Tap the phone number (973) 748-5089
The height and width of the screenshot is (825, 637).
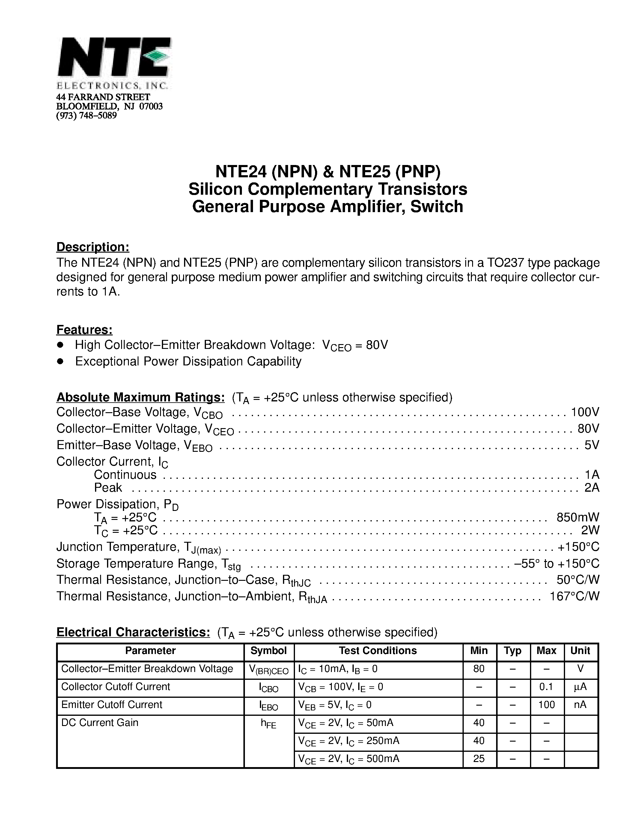(86, 115)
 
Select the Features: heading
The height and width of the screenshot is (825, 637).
(84, 330)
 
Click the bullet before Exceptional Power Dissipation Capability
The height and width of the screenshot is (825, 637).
(60, 361)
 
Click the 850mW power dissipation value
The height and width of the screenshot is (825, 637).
(578, 517)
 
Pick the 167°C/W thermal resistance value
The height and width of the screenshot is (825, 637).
(574, 596)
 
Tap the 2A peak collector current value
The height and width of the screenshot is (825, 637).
(591, 488)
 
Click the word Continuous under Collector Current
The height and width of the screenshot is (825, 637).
(125, 475)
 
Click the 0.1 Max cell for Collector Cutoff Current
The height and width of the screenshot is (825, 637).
(546, 687)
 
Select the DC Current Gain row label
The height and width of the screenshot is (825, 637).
(100, 723)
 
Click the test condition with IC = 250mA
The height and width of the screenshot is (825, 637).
(348, 741)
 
